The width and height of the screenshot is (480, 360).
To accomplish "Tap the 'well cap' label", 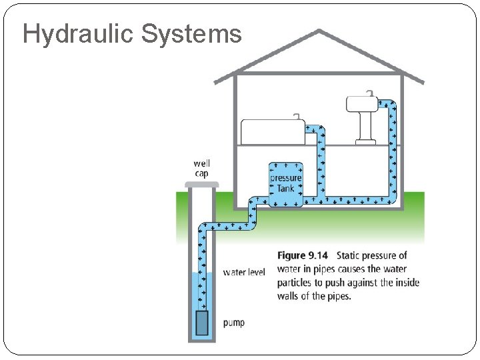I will (201, 168).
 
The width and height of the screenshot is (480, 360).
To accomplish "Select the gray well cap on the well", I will (202, 183).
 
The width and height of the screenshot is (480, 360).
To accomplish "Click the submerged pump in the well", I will (202, 323).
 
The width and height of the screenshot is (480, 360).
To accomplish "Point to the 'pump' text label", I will (234, 323).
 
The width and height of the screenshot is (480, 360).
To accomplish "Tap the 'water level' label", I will (244, 272).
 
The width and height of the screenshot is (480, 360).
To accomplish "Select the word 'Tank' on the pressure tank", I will (285, 189).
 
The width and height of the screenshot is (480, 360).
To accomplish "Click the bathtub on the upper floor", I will (270, 131).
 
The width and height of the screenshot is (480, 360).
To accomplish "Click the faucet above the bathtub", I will (297, 117).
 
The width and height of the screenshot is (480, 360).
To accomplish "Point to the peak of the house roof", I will (319, 31).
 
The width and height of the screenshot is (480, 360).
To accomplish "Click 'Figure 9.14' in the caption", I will (303, 255).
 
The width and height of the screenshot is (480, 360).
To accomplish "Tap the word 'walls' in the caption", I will (289, 296).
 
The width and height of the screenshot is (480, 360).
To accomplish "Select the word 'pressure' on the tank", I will (286, 178).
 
